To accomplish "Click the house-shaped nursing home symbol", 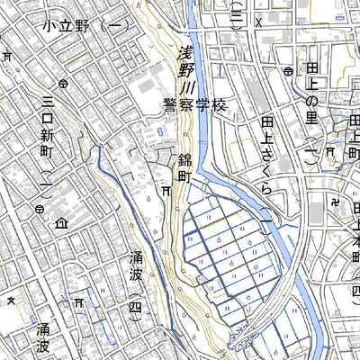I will pos(61,222).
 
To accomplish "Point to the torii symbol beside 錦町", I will pos(167,191).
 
